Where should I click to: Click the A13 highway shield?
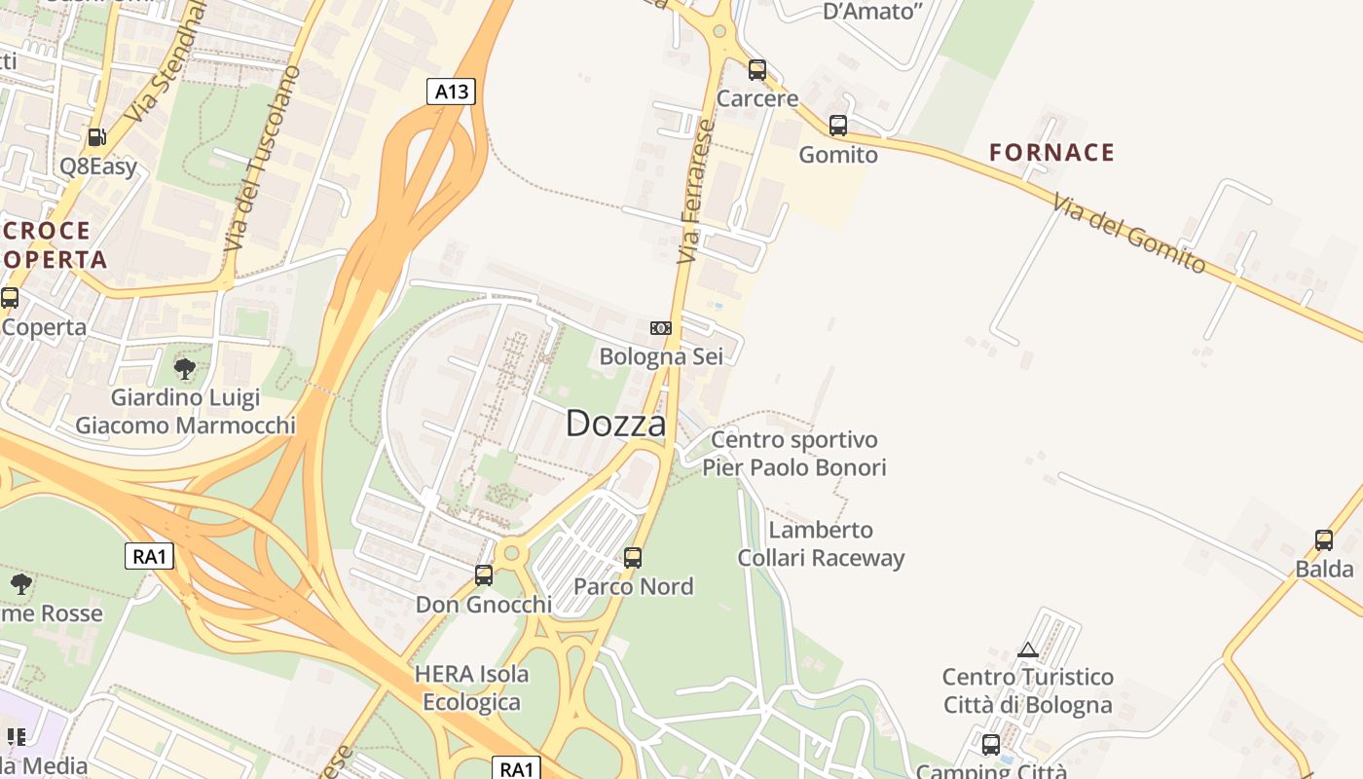tap(451, 92)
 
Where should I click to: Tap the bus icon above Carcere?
tap(756, 70)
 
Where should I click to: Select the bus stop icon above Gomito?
tap(837, 126)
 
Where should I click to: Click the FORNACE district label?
tap(1051, 152)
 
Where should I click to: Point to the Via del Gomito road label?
tap(1128, 233)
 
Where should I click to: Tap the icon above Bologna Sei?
tap(661, 328)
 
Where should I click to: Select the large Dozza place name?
tap(615, 424)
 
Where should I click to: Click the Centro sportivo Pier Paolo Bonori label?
tap(794, 454)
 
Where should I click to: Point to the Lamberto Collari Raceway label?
tap(821, 544)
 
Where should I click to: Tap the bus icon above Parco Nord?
tap(633, 558)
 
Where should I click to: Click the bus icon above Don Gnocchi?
tap(484, 575)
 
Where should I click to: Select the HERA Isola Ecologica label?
tap(472, 687)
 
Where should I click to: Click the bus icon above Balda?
tap(1323, 540)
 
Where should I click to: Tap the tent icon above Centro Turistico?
tap(1027, 649)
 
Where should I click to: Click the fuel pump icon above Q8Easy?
tap(96, 137)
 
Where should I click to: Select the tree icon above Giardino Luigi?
tap(184, 369)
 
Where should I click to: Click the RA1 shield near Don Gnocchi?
tap(150, 557)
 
